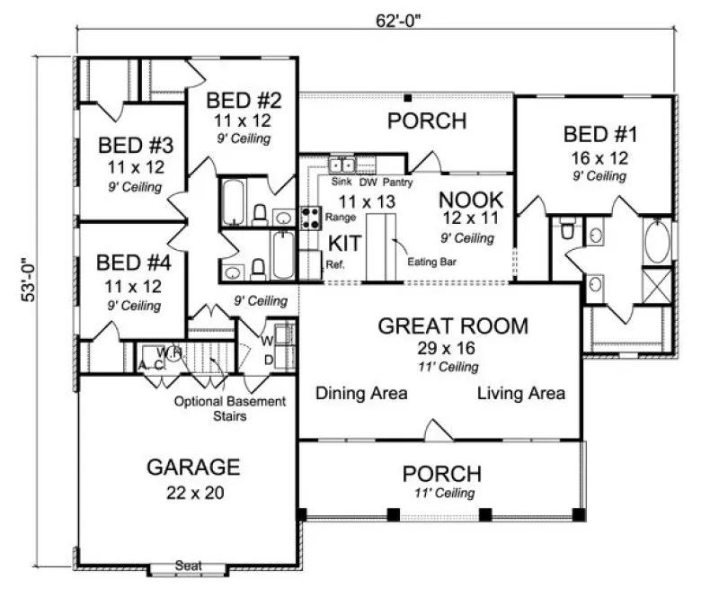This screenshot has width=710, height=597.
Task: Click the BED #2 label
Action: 242,99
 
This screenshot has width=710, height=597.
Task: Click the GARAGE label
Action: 193,468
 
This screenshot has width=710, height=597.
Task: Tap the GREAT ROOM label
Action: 439,326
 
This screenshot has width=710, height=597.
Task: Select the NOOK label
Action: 471,200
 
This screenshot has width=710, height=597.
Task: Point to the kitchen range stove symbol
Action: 310,217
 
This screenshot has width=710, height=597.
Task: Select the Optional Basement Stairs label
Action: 230,408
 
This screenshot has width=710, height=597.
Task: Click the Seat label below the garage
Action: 188,566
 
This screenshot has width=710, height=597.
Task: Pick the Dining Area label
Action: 362,393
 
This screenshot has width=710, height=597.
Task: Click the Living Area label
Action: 520,393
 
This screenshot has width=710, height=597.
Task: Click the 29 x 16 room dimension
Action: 439,348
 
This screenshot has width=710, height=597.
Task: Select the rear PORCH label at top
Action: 426,120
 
